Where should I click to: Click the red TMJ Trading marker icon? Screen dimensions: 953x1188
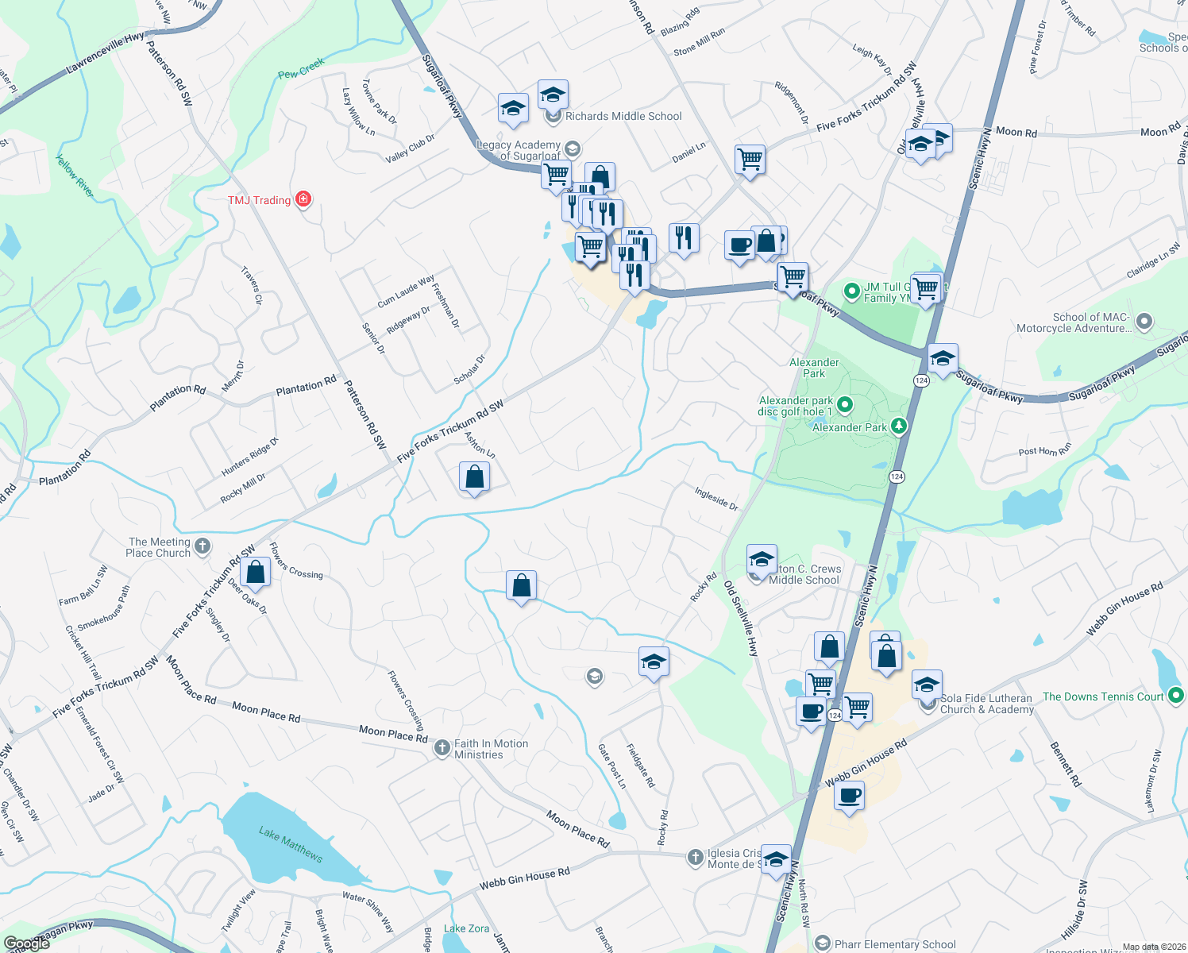pos(303,199)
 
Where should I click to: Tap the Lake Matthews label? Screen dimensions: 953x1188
pos(291,844)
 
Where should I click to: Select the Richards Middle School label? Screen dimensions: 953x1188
pos(623,117)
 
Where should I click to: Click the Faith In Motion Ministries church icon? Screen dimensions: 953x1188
pos(442,750)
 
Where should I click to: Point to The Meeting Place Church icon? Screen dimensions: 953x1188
pos(202,546)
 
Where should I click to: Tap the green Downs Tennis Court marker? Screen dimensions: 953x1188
pos(1176,696)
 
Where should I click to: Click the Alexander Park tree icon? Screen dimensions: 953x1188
pos(899,426)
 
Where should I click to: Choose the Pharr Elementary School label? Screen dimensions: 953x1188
pos(895,944)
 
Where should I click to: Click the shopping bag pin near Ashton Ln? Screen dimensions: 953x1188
pos(474,477)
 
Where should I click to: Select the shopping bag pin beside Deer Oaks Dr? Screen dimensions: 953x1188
pos(255,572)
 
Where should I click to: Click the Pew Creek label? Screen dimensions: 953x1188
pos(301,68)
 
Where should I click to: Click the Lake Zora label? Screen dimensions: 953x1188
pos(466,928)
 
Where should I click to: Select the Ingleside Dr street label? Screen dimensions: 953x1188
pos(716,499)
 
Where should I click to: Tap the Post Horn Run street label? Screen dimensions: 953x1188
pos(1044,450)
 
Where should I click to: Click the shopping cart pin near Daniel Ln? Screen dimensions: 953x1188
pos(750,160)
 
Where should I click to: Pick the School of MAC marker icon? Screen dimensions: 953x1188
pos(1144,322)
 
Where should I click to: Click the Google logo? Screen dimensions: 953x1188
pos(26,943)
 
